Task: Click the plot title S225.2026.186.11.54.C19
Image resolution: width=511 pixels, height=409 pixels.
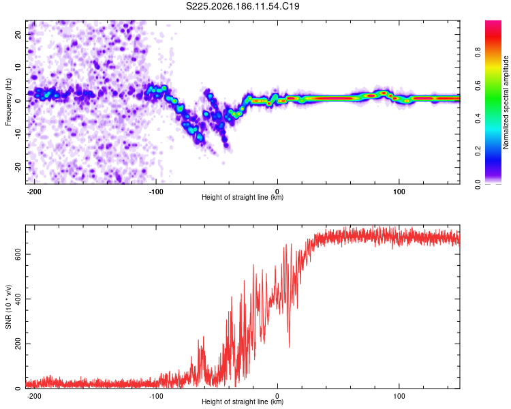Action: coord(243,6)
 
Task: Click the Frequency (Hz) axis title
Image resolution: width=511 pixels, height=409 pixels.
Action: coord(8,102)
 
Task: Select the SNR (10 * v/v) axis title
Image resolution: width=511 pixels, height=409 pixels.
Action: coord(8,307)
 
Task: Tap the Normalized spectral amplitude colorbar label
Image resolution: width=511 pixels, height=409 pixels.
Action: coord(506,102)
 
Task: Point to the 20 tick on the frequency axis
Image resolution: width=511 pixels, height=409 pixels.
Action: coord(18,34)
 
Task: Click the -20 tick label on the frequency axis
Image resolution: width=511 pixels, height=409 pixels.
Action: coord(18,168)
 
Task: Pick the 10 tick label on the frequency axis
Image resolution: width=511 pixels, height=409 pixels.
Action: coord(18,67)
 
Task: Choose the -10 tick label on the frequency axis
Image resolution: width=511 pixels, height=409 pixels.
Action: coord(18,134)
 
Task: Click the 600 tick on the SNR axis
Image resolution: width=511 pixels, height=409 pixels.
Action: coord(18,254)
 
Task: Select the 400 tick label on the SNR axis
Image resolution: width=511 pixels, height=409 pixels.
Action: coord(18,299)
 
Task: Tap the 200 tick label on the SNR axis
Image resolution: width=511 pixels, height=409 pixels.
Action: coord(18,344)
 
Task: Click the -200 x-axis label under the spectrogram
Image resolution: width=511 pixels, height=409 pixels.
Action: coord(34,192)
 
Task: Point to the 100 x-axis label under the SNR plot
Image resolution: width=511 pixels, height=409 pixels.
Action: coord(399,396)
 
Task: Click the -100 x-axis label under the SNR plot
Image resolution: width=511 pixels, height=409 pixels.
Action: coord(156,396)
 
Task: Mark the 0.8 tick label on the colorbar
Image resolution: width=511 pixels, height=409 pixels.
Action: coord(478,52)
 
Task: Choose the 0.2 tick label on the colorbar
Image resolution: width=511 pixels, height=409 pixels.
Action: coord(478,151)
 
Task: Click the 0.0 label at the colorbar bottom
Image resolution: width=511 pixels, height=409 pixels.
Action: coord(478,184)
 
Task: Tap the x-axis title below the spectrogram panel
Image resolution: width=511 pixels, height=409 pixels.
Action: coord(243,197)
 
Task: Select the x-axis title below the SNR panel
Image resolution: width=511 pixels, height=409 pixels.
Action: coord(243,402)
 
